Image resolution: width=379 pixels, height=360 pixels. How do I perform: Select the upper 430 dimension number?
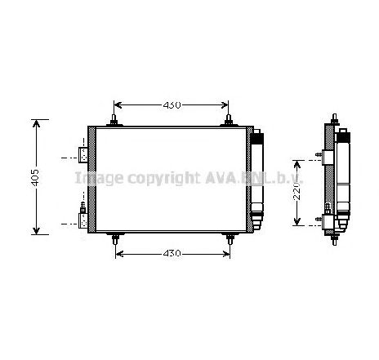point(171,105)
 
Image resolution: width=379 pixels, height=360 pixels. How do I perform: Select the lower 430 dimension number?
point(171,254)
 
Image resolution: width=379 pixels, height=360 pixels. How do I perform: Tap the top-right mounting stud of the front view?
point(230,122)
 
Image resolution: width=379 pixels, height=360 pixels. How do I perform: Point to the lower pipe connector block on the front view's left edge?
point(82,216)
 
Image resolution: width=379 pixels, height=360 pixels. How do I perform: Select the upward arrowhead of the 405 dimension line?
point(34,123)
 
